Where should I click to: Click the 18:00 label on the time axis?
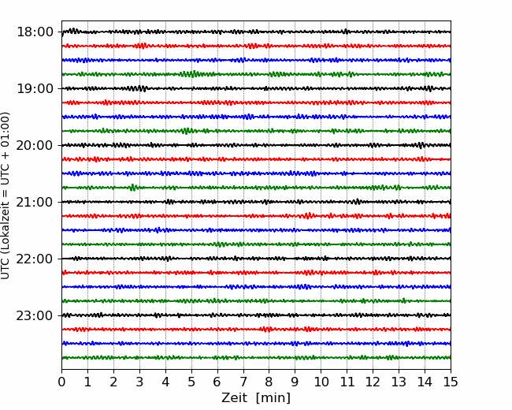(x=35, y=32)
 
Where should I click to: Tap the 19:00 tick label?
(x=35, y=88)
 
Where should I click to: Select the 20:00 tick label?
(x=35, y=145)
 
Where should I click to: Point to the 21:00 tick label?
(x=35, y=202)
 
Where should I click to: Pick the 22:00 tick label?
(x=35, y=259)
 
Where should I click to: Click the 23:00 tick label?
(x=35, y=315)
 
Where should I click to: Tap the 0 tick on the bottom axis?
(x=61, y=382)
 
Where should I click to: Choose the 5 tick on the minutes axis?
(x=191, y=382)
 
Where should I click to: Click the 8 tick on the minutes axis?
(x=269, y=382)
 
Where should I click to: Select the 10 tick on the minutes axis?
(x=321, y=382)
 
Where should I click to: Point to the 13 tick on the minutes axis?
(x=399, y=382)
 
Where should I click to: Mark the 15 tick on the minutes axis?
(x=451, y=382)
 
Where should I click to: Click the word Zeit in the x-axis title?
(x=234, y=397)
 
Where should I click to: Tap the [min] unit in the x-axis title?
(x=273, y=398)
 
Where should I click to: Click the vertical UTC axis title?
(x=6, y=196)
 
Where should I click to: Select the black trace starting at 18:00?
(x=256, y=32)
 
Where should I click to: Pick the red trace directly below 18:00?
(x=256, y=46)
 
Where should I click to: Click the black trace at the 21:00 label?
(x=256, y=202)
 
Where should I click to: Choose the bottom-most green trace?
(x=256, y=358)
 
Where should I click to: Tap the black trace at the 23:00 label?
(x=256, y=315)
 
